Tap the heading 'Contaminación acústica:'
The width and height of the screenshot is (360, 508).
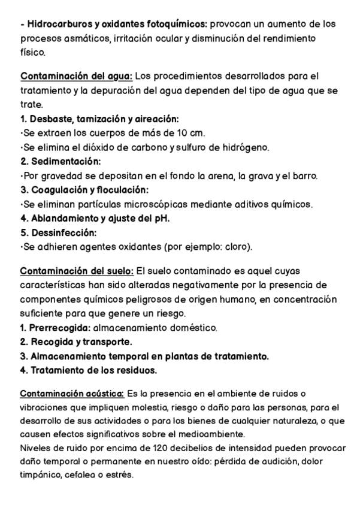72,393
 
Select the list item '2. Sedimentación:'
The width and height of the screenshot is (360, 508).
60,162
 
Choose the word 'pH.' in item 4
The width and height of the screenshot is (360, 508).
160,219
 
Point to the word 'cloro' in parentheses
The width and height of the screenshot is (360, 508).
235,247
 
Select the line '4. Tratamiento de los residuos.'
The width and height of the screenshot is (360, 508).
89,370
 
